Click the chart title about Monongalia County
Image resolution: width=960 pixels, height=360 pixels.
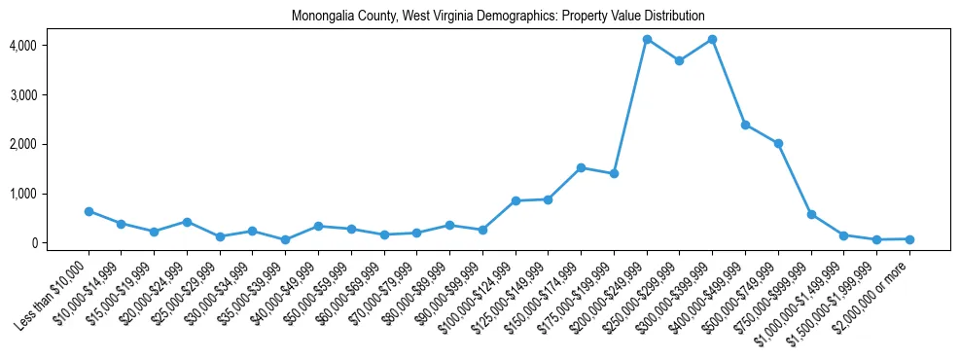point(497,17)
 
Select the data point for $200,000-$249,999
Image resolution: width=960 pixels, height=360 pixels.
point(647,39)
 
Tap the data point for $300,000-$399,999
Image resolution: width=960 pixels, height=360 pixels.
point(712,39)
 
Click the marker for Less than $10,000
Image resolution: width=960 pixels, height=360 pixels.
point(89,211)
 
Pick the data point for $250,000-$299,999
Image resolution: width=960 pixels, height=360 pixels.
point(679,60)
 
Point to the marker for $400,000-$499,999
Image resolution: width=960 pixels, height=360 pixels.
point(745,125)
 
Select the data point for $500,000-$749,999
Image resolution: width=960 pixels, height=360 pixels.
point(778,143)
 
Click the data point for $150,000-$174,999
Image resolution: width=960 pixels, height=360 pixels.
point(581,167)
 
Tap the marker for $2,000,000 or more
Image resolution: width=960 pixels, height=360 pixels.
point(909,239)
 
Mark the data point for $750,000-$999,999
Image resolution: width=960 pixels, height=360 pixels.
point(811,214)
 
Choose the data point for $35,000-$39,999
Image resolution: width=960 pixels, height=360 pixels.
point(285,239)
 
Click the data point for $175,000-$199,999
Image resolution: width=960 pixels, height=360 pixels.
point(614,173)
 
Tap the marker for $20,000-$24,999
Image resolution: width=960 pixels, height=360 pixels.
point(187,222)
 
